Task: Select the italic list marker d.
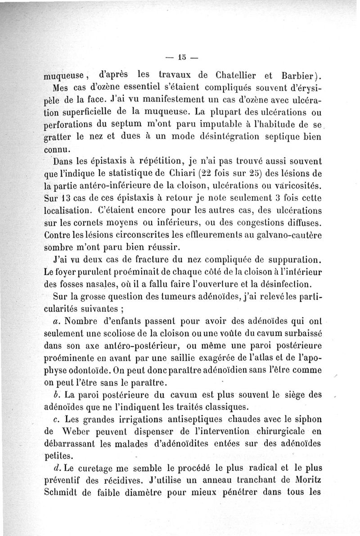56,469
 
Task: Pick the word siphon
305,419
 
